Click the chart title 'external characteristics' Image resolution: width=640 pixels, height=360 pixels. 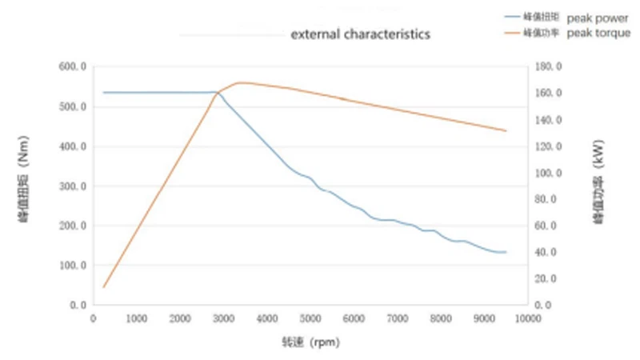click(360, 34)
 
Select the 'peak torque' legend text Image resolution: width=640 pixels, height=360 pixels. click(598, 34)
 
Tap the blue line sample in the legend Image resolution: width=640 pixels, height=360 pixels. click(511, 16)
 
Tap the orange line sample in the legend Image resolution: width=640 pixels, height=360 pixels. click(511, 34)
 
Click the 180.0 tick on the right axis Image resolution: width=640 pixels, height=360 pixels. click(553, 67)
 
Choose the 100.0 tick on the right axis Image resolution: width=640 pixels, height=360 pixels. click(553, 173)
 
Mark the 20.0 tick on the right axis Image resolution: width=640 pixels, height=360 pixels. click(553, 278)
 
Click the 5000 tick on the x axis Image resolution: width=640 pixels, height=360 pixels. click(310, 318)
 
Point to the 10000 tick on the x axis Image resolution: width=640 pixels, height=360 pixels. click(528, 318)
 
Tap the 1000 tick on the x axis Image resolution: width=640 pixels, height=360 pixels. click(137, 318)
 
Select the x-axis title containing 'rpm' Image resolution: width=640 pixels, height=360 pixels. click(309, 342)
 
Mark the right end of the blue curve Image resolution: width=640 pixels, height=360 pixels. click(506, 252)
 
